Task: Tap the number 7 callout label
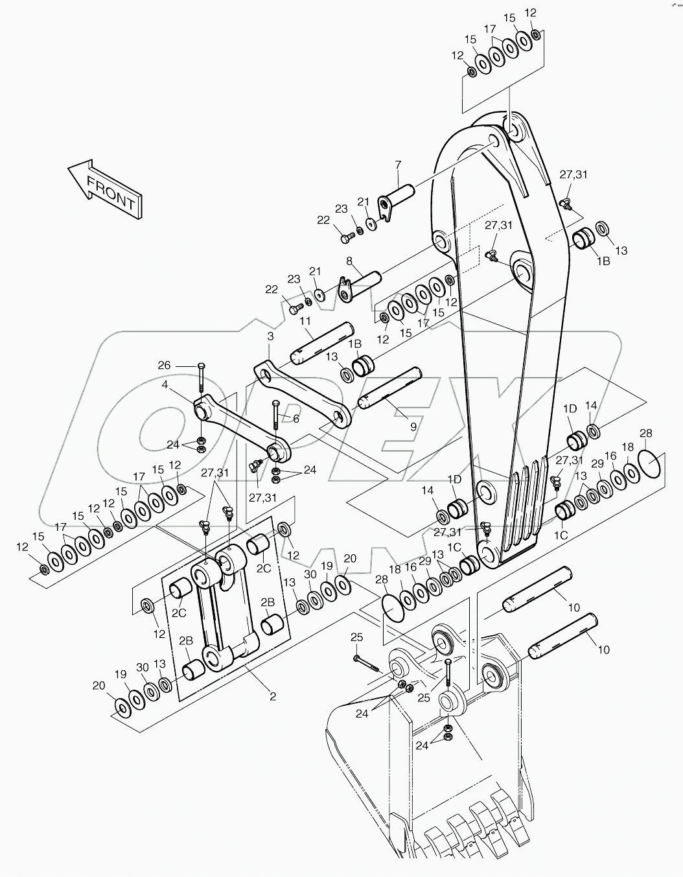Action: (x=398, y=164)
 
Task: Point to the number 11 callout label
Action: (x=305, y=321)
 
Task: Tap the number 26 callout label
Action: (x=164, y=366)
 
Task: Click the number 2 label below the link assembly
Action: (x=273, y=697)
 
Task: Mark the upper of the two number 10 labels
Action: (x=574, y=607)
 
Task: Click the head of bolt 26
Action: (x=201, y=366)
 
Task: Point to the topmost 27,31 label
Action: (x=573, y=174)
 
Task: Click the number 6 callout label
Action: (x=295, y=419)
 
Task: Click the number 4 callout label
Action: (x=165, y=384)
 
